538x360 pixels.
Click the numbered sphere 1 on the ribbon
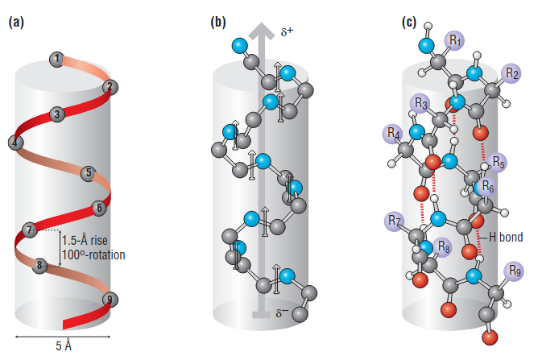[56, 59]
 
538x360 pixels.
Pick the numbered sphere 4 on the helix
[14, 143]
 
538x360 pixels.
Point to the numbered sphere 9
[110, 300]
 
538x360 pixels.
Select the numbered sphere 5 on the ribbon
[89, 172]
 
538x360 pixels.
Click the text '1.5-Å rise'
[86, 241]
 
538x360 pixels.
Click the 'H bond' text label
[506, 238]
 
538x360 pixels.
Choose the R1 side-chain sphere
[456, 39]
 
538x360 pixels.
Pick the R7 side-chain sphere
[394, 219]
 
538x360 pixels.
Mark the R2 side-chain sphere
[511, 72]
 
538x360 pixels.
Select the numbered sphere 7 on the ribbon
[30, 230]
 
